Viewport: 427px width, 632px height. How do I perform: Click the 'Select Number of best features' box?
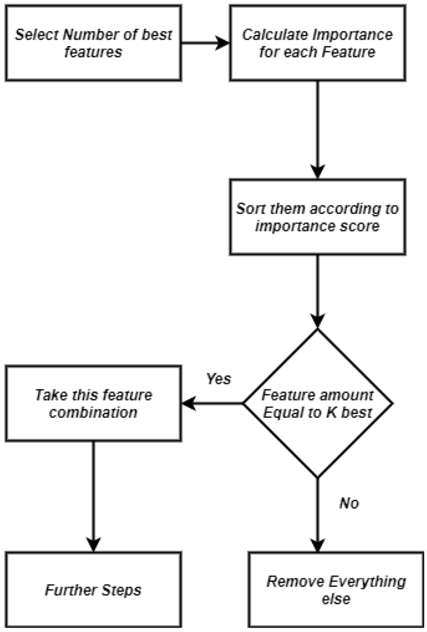point(93,43)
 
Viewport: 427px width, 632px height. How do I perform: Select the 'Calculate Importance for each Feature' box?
point(317,43)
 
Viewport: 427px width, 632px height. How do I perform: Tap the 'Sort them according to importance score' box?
point(317,217)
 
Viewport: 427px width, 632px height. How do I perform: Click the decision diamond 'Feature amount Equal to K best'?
point(318,403)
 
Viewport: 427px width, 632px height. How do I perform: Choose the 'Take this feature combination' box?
point(93,403)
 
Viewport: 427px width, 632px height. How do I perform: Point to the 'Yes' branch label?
point(218,379)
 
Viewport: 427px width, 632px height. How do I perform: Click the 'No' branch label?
point(348,503)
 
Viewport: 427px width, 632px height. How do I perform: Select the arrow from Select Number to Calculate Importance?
point(205,43)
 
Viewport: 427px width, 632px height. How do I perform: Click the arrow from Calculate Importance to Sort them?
point(318,129)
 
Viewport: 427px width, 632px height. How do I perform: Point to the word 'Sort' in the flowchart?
point(249,208)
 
